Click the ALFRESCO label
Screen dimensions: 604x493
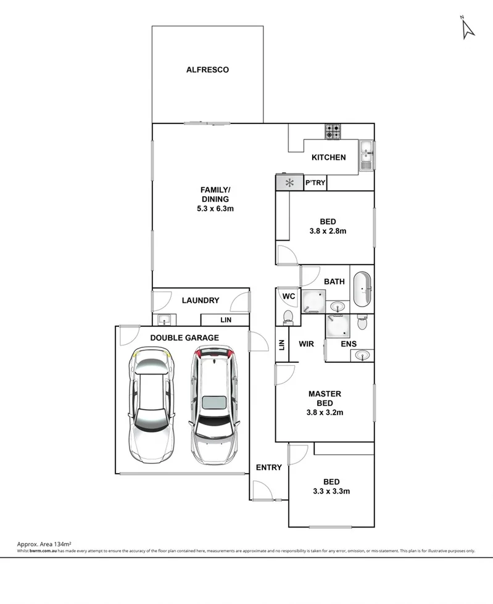[207, 70]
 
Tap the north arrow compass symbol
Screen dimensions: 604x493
[467, 28]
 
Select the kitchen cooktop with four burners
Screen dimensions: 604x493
[334, 131]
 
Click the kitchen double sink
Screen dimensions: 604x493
[367, 154]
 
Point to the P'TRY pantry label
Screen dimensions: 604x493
[315, 183]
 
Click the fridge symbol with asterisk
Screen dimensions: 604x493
[289, 183]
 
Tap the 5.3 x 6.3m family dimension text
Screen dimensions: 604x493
[214, 209]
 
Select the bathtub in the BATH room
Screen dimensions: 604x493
[362, 288]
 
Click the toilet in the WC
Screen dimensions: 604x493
[287, 316]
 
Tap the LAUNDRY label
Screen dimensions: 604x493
[201, 300]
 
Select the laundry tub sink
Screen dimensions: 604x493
[164, 320]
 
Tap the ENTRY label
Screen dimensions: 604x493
[268, 468]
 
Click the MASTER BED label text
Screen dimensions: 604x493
[325, 399]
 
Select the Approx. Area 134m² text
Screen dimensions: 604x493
[43, 544]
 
